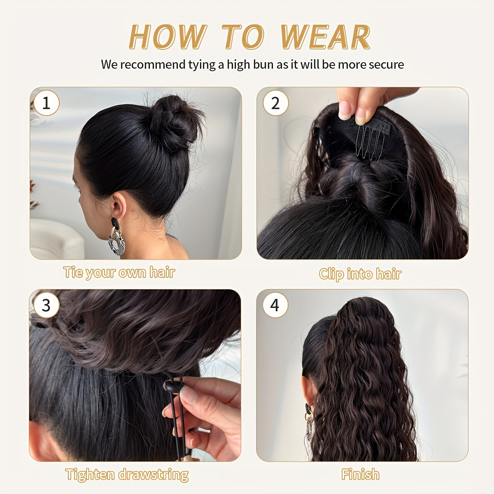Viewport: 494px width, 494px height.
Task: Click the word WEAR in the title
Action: click(x=325, y=37)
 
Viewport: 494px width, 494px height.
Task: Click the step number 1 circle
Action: click(x=46, y=103)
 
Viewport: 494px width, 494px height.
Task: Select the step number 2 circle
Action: click(x=275, y=103)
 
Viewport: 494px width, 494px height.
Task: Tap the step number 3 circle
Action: click(x=46, y=305)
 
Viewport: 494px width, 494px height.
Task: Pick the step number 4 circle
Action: click(x=275, y=305)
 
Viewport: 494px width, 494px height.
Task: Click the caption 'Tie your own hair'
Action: click(x=119, y=273)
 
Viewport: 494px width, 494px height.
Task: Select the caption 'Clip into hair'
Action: click(x=360, y=274)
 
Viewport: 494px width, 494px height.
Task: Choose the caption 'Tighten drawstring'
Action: click(x=127, y=475)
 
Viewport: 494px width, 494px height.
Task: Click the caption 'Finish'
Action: click(x=360, y=475)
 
